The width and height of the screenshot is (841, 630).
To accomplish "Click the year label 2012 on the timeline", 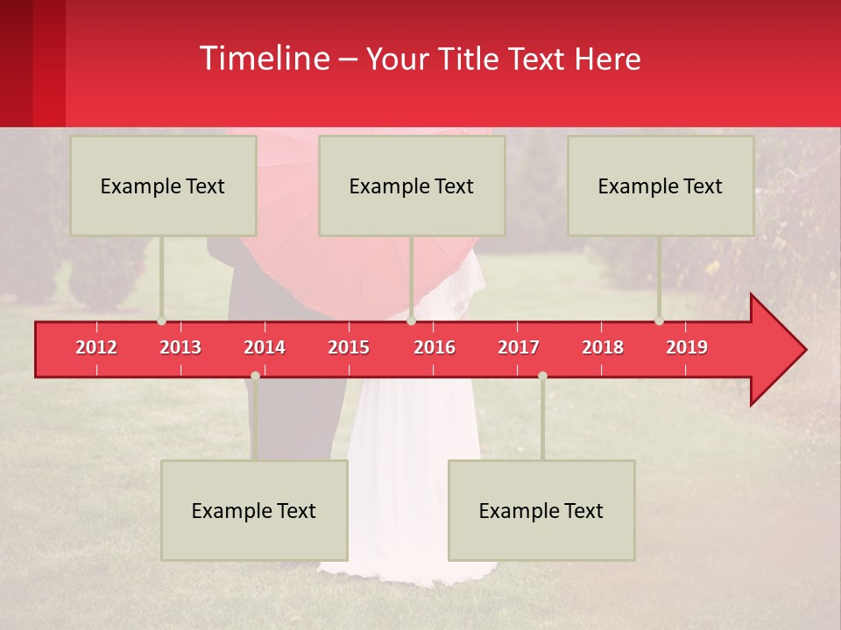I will click(96, 347).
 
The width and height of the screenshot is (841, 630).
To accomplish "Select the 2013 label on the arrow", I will click(180, 347).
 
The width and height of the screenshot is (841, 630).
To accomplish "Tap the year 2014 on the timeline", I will click(265, 347).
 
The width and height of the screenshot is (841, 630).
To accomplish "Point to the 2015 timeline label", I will click(349, 347).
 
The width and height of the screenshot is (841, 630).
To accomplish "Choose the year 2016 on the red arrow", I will click(435, 347).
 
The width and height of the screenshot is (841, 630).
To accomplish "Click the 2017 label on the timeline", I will click(519, 347).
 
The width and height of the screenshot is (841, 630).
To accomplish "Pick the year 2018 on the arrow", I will click(603, 347).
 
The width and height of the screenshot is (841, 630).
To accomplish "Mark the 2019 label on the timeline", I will click(687, 347).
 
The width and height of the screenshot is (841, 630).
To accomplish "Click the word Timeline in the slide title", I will click(264, 59).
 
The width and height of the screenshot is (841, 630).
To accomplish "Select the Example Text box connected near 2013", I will click(163, 185).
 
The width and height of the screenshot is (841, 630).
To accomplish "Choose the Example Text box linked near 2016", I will click(412, 185).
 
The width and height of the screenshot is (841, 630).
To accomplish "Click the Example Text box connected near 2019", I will click(661, 185).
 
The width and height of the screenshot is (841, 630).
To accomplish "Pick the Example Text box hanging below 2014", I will click(254, 510).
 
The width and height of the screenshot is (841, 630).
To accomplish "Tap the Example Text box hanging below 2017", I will click(541, 510).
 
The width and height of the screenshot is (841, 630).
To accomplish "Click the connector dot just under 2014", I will click(255, 375).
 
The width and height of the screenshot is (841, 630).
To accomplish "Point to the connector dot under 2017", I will click(542, 375).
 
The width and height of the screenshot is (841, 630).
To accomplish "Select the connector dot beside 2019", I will click(659, 321).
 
